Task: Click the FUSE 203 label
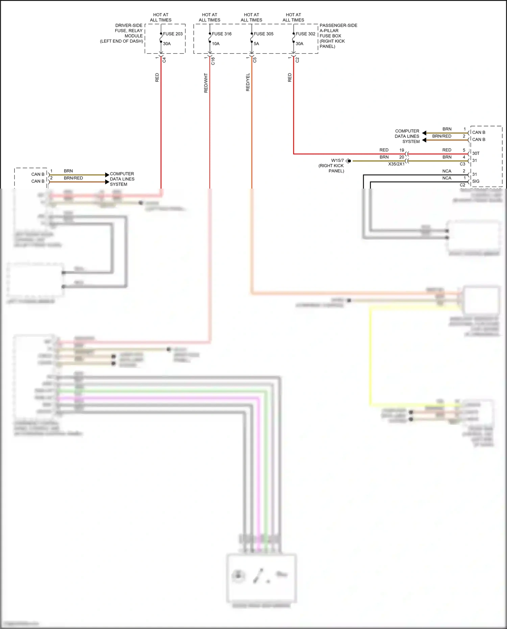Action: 173,34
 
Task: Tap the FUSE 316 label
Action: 222,34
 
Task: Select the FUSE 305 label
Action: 264,34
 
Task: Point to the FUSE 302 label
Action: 306,34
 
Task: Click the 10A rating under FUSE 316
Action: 216,44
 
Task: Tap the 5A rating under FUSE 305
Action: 257,44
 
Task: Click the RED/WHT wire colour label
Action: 206,83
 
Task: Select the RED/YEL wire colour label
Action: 248,82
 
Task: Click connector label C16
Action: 213,61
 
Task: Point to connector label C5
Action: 255,60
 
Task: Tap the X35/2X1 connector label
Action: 396,164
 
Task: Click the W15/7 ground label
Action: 337,161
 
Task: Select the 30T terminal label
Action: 476,153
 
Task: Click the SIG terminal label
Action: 476,182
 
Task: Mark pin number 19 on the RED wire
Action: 402,150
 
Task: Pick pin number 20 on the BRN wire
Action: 402,157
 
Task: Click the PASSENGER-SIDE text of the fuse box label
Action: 338,25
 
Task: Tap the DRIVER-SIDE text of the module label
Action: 129,25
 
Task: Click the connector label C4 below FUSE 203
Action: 164,60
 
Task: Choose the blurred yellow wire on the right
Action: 370,355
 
